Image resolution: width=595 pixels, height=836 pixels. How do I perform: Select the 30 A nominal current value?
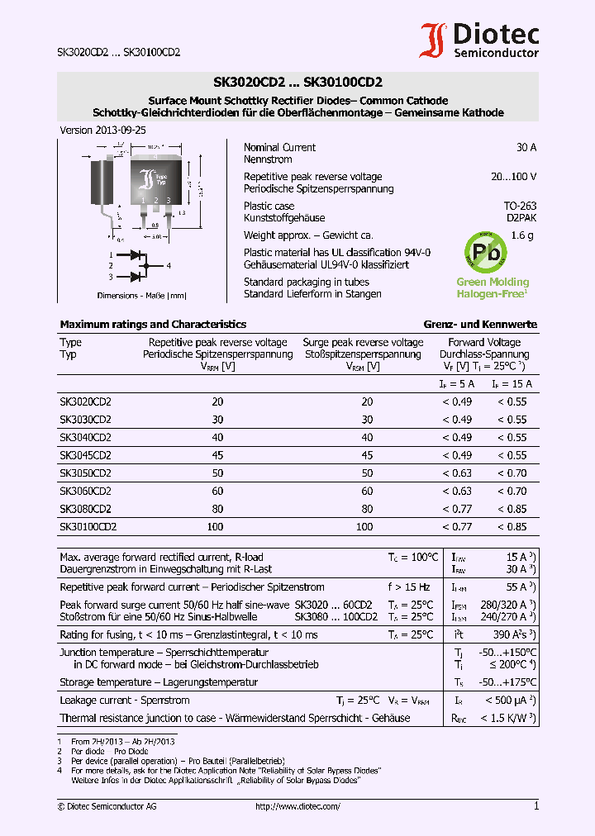526,148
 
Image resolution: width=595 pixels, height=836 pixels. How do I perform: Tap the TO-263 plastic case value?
520,206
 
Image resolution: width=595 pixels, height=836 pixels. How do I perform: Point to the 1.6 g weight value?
523,235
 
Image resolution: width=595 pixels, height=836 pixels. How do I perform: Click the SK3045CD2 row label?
85,455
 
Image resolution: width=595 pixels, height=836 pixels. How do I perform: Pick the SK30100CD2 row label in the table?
88,526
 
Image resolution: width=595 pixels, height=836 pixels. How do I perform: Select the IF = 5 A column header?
456,384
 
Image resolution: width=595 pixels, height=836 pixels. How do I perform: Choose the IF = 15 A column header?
512,384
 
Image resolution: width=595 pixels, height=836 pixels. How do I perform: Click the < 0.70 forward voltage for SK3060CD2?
512,492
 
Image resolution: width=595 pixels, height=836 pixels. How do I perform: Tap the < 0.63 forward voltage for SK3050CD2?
456,473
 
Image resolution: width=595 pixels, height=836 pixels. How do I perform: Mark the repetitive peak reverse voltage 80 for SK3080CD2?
217,509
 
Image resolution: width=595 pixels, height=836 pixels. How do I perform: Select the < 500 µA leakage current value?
512,701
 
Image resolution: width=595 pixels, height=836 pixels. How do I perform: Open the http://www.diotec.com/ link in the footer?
297,806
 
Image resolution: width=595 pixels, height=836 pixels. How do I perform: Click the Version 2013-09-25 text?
103,131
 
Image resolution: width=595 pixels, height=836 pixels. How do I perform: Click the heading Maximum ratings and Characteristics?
153,325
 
